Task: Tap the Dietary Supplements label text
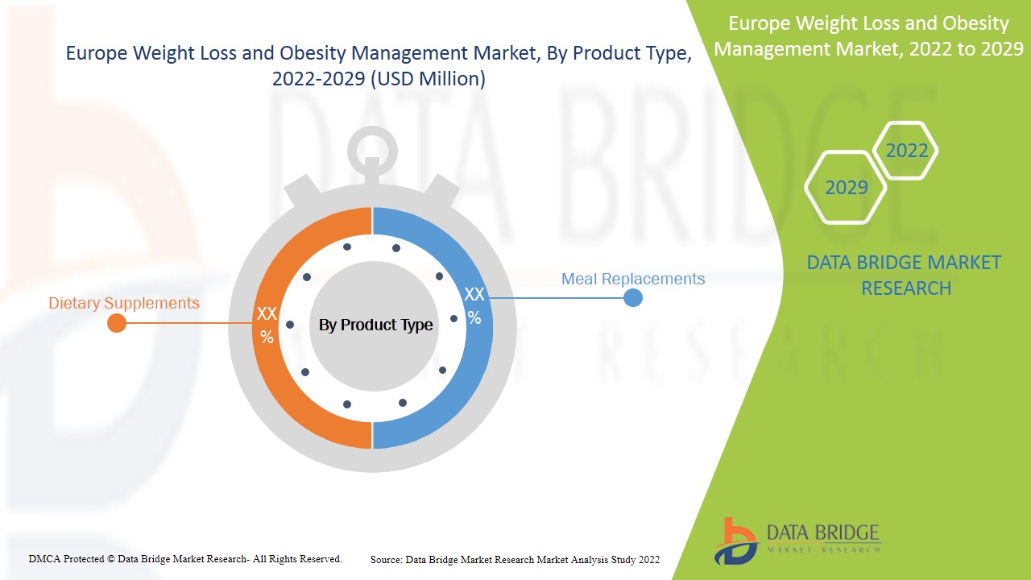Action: pyautogui.click(x=124, y=304)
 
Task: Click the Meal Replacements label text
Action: pyautogui.click(x=632, y=279)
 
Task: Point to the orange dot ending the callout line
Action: pyautogui.click(x=117, y=323)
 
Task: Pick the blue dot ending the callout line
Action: pyautogui.click(x=633, y=298)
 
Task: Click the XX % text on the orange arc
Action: pyautogui.click(x=267, y=325)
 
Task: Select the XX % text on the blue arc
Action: pyautogui.click(x=474, y=305)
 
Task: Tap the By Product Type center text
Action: pyautogui.click(x=375, y=325)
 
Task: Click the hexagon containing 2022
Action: pyautogui.click(x=906, y=151)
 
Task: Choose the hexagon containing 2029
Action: pyautogui.click(x=846, y=188)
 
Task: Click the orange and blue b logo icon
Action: pyautogui.click(x=735, y=540)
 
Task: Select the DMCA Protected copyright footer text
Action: pyautogui.click(x=185, y=558)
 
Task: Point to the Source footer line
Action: pyautogui.click(x=515, y=559)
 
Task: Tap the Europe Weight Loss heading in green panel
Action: pyautogui.click(x=868, y=36)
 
